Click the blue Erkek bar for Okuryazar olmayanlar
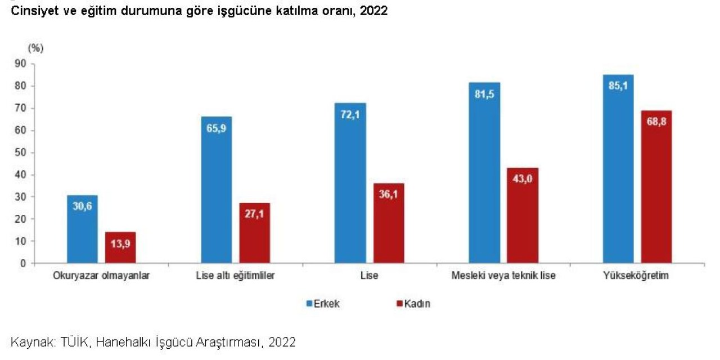(x=82, y=229)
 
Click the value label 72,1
(x=350, y=114)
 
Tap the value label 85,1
(x=618, y=86)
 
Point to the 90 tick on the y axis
(x=21, y=64)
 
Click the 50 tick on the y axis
(x=21, y=152)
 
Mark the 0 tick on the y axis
(x=24, y=263)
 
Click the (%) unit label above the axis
(x=35, y=48)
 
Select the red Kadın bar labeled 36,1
(x=389, y=223)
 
